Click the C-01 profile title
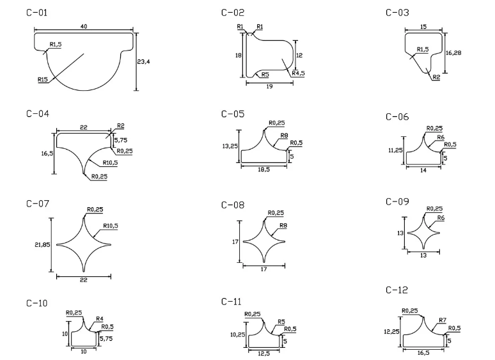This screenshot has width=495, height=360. (36, 13)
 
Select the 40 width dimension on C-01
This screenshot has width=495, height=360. (84, 26)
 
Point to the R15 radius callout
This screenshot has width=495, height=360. (43, 79)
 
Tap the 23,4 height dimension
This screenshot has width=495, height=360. (143, 61)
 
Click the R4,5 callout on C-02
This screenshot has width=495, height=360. (298, 73)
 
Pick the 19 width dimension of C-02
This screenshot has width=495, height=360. (269, 86)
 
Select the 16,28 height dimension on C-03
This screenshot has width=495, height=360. (453, 52)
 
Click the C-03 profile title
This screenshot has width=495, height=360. (397, 13)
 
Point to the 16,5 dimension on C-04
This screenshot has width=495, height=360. (47, 153)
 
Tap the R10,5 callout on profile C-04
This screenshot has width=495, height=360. (110, 163)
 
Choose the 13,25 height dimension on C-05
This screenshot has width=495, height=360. (230, 146)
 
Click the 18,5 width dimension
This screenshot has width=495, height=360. (264, 169)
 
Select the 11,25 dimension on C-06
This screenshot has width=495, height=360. (396, 150)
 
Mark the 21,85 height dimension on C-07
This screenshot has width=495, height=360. (42, 244)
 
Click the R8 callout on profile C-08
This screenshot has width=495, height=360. (283, 226)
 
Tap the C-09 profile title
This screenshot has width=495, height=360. (397, 201)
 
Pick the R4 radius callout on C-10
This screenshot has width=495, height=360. (99, 318)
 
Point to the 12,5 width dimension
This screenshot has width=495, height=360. (264, 354)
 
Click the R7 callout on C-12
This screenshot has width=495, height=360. (443, 320)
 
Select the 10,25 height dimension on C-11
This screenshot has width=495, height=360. (238, 334)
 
